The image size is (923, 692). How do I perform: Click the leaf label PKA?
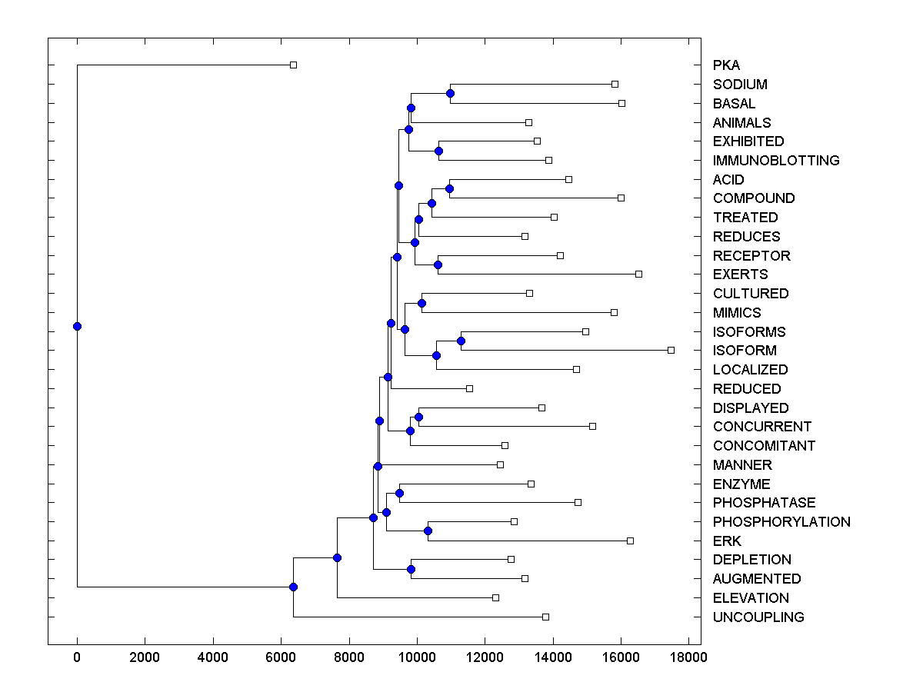coord(726,65)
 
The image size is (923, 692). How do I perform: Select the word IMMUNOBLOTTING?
coord(776,161)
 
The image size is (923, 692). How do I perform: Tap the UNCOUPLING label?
coord(758,617)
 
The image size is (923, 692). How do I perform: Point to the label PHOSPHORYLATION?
coord(781,522)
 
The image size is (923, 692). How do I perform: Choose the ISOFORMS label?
coord(749,332)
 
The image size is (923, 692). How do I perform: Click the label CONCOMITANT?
coord(764,446)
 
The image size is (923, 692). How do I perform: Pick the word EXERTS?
coord(740,274)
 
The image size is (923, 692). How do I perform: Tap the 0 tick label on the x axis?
coord(77,657)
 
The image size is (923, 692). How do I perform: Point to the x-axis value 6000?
coord(281,657)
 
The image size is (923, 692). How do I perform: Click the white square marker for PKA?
coord(293,65)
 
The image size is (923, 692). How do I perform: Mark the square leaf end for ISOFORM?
coord(671,350)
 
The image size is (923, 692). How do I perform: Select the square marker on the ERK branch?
coord(630,541)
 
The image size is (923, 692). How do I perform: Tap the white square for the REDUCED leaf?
coord(469,388)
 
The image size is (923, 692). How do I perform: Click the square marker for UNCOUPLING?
coord(545,617)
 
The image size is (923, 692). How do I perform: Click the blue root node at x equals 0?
coord(77,326)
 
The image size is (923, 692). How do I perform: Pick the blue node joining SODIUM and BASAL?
coord(450,93)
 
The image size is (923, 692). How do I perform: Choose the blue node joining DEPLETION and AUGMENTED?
coord(411,569)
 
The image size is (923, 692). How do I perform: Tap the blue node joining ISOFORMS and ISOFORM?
coord(461,341)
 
